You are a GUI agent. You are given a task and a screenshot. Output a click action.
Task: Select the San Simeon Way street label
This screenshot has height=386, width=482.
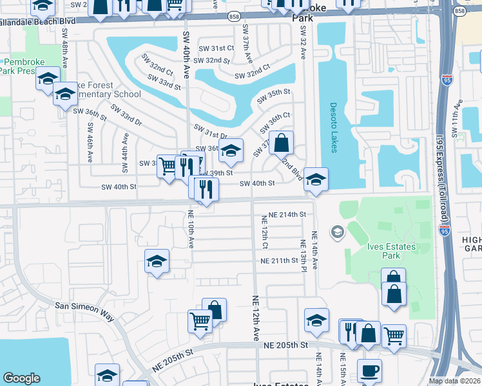tap(84, 309)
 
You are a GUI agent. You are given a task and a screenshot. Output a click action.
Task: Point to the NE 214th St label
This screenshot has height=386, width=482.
tap(283, 214)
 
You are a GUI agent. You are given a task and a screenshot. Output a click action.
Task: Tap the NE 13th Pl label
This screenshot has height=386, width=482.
tap(302, 253)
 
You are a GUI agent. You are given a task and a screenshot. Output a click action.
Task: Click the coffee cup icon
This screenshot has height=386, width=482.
tap(369, 371)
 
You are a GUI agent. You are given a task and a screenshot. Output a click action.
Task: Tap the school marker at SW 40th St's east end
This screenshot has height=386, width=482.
tap(316, 179)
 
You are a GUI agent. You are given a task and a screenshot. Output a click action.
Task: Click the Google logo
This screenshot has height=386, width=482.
tap(21, 378)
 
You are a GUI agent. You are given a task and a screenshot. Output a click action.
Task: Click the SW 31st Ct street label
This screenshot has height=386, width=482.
tap(217, 48)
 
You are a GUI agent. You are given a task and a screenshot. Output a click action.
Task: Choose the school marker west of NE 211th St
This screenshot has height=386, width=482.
tap(157, 261)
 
